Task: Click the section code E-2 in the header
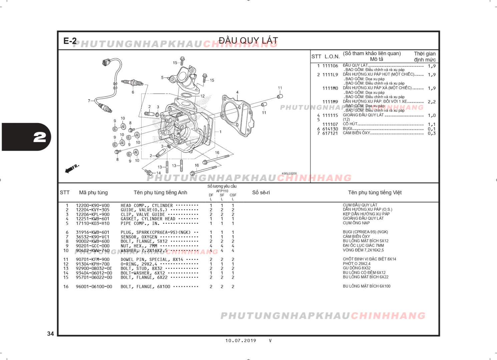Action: point(70,41)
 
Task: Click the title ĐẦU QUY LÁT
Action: point(248,41)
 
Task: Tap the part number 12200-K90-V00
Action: point(92,206)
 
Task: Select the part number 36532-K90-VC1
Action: point(92,237)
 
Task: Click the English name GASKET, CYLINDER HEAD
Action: point(148,219)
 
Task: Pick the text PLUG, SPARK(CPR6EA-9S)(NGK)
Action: point(155,232)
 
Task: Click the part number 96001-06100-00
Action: point(94,287)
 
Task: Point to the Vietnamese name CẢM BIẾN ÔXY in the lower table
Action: point(356,236)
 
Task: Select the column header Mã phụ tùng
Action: point(93,193)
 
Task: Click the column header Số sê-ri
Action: point(261,193)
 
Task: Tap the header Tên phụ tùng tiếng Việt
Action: point(375,193)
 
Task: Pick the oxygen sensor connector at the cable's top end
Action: point(106,62)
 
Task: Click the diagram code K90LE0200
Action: point(289,174)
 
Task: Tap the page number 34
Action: point(50,334)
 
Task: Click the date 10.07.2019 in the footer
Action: point(240,341)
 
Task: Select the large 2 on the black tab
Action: point(40,137)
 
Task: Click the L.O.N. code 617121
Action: point(330,133)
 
